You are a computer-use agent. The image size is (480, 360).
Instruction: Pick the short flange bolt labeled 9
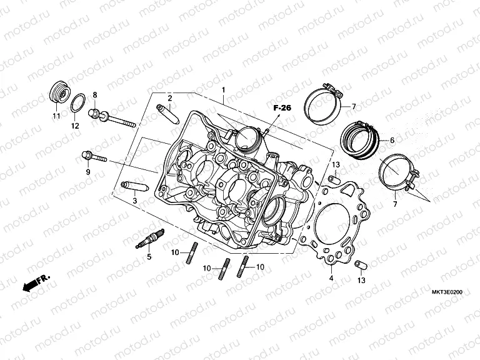point(92,156)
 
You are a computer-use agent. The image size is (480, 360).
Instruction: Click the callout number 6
point(392,141)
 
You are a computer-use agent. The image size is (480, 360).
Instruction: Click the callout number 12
point(75,126)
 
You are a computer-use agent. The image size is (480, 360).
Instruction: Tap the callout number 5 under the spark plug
point(149,256)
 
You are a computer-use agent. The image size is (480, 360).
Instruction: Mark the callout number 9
point(88,172)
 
